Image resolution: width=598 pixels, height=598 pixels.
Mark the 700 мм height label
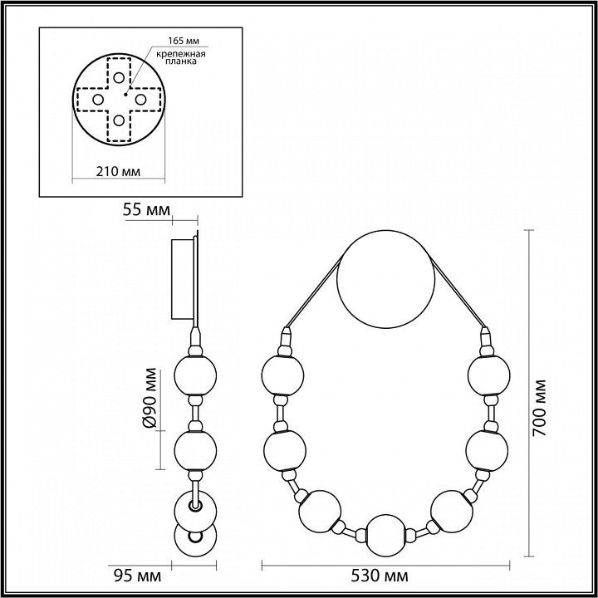541,407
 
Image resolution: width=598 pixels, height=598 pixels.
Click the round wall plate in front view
386,279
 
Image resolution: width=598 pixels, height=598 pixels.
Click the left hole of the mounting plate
97,100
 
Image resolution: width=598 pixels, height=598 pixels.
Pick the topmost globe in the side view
196,376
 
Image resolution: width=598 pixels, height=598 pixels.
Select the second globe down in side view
196,449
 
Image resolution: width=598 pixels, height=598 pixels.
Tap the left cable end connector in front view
287,339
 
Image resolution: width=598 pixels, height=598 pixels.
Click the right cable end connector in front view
485,339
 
